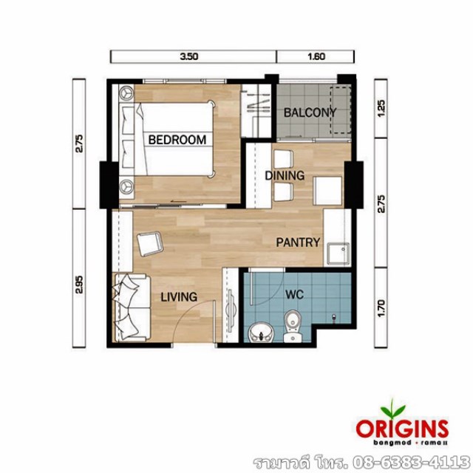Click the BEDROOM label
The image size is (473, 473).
[177, 140]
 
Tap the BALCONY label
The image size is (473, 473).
[310, 113]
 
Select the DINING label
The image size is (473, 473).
[285, 176]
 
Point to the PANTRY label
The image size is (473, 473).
[298, 242]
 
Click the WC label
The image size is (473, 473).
[294, 295]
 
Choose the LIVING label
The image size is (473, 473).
[179, 297]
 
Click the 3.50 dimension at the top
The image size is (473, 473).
[189, 56]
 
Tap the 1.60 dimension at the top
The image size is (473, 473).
[316, 56]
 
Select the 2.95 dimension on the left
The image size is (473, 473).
[79, 285]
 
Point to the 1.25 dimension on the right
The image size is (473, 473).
[381, 109]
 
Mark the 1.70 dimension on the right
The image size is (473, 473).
[381, 308]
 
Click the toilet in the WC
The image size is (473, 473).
[293, 327]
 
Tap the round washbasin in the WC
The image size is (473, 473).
[261, 333]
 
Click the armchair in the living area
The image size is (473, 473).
[150, 243]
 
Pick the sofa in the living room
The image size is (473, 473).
[132, 307]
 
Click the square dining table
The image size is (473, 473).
[328, 191]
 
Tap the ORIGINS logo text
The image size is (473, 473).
[402, 429]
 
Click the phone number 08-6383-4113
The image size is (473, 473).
[411, 462]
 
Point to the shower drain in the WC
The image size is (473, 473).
[333, 317]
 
